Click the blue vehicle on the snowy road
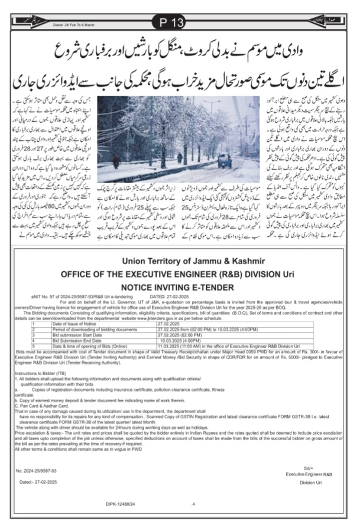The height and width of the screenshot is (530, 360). point(225,160)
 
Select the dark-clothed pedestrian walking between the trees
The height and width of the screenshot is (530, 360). point(180,158)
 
